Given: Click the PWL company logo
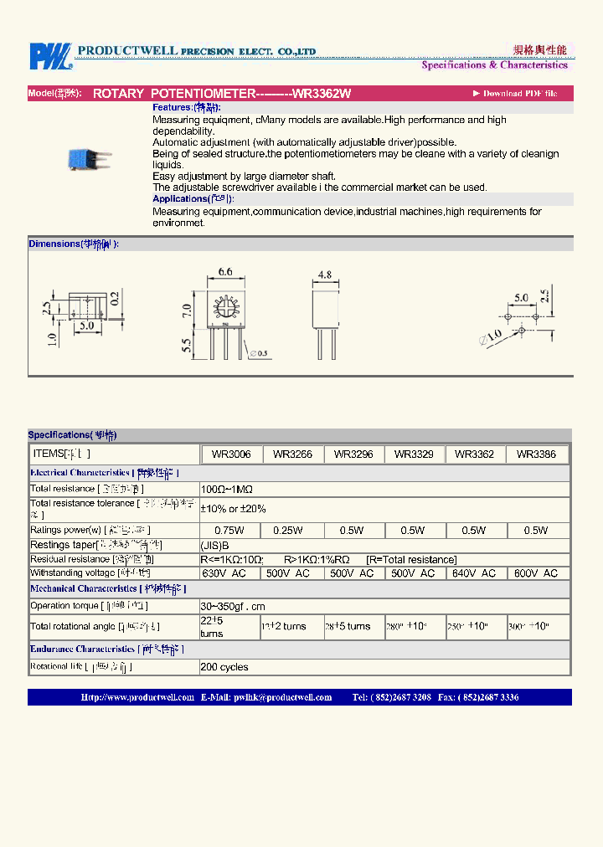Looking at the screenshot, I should pos(51,56).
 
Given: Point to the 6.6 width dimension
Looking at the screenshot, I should pos(224,272).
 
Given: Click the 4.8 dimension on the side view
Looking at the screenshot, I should pos(326,274).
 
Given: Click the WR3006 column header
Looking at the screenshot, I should pos(231,454).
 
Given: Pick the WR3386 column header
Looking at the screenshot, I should pos(536,454).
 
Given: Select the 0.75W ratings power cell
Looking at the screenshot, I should pos(229,531).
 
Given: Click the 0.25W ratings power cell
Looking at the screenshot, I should pos(291,531).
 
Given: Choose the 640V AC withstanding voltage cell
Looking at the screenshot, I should pos(474,573).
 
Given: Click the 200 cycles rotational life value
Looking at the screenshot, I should pos(224,667).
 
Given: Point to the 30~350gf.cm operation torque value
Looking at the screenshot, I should pos(233,606).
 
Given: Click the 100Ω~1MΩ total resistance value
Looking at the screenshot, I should pos(226,489).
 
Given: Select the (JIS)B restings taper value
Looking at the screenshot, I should pos(214,545).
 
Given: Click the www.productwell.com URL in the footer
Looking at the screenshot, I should pos(137,697).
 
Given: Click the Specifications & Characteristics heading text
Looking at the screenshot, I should pos(494,65).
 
